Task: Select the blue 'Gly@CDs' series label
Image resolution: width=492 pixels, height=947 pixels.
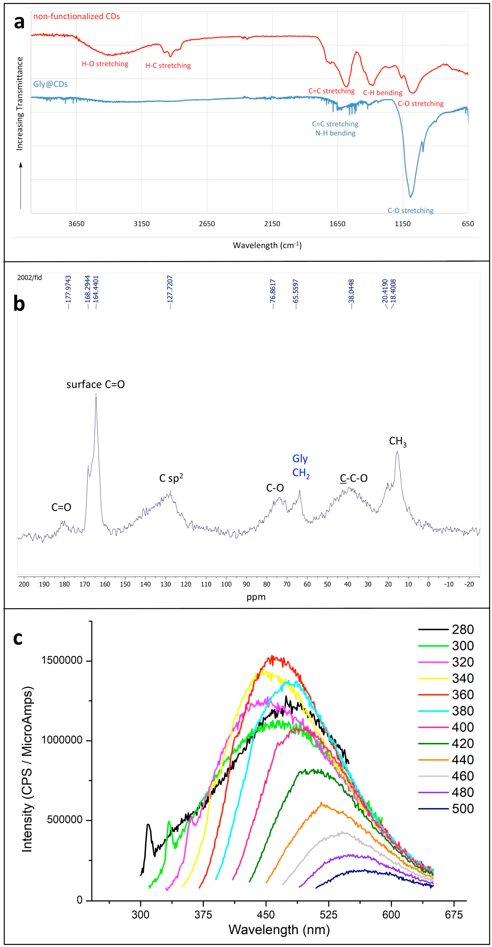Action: coord(51,84)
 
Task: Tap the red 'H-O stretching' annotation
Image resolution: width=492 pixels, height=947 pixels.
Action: coord(105,64)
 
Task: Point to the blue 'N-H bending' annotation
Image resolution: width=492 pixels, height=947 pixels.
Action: coord(335,133)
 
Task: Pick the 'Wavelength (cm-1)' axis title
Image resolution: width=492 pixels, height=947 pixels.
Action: coord(267,245)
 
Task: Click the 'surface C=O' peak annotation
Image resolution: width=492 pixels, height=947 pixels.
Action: coord(95,385)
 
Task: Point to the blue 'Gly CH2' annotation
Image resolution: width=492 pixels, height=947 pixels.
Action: coord(301,466)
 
